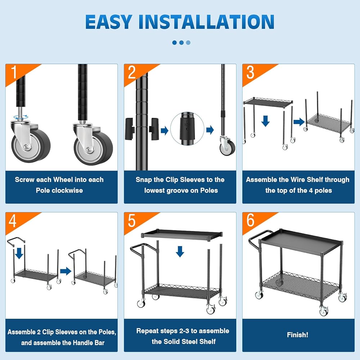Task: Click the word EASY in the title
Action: point(109,22)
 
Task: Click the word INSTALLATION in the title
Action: point(206,22)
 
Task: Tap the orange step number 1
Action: point(14,72)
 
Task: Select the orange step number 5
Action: point(131,220)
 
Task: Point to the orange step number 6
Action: point(250,220)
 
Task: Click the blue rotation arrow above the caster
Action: point(21,117)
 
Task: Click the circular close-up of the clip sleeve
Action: point(187,129)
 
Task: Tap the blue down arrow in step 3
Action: point(265,121)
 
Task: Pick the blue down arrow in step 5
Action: point(180,251)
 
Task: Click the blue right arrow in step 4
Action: point(66,271)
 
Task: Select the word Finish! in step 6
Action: point(298,335)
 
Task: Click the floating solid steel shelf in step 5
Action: point(182,235)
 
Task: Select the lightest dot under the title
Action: point(188,42)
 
